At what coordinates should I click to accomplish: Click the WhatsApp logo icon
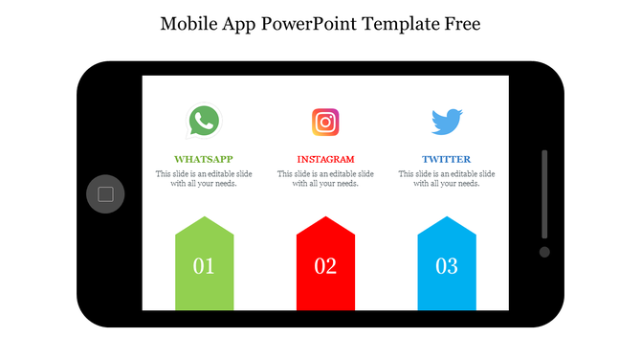204,122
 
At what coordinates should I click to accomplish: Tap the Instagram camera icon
325,123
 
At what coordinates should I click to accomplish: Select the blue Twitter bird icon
447,122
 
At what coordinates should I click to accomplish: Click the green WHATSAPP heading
204,159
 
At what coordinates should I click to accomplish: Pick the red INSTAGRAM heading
325,159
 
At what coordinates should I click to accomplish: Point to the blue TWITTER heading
447,159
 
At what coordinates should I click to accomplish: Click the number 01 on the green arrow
204,266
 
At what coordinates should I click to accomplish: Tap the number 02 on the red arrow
325,266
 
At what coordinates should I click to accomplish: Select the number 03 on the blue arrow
447,266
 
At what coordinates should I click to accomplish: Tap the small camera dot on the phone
544,252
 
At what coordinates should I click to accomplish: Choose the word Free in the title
460,22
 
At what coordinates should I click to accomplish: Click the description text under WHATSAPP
204,179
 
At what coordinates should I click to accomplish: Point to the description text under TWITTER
447,179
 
